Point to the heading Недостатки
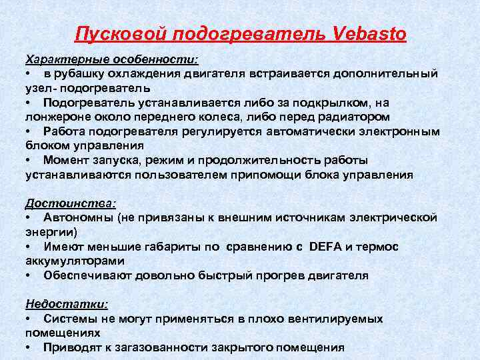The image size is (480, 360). [66, 304]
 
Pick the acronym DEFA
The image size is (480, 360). [325, 247]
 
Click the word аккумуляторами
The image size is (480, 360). [67, 261]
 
